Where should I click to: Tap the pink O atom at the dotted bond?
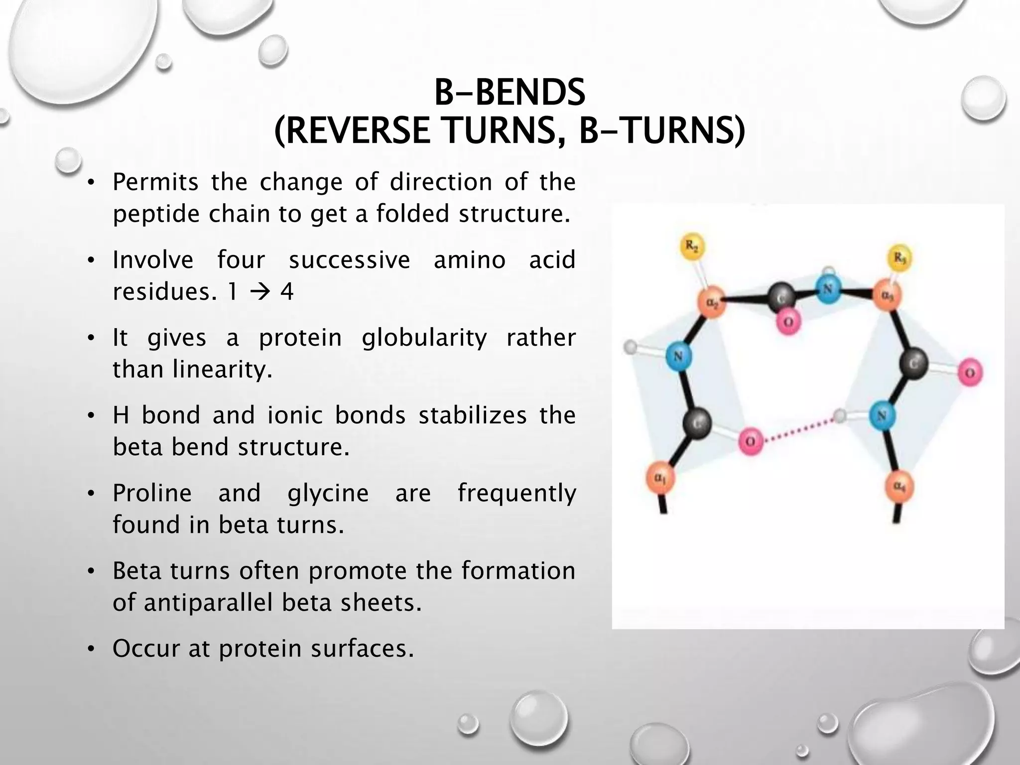(x=751, y=441)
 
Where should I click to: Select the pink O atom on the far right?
(x=969, y=372)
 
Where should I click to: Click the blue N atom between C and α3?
(x=827, y=289)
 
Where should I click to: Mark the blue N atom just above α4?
(x=882, y=415)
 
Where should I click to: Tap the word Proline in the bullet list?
(x=152, y=493)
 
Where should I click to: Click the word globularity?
(x=424, y=338)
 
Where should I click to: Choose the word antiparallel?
(x=207, y=603)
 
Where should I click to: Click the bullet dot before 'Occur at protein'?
(x=90, y=649)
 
